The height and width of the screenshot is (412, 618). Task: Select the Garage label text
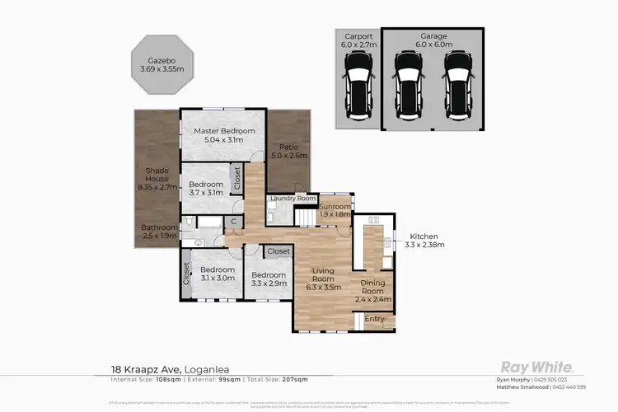pyautogui.click(x=433, y=37)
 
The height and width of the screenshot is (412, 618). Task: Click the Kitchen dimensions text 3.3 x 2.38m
pyautogui.click(x=424, y=245)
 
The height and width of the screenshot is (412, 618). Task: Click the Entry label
pyautogui.click(x=375, y=318)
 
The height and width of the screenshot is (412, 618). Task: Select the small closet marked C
pyautogui.click(x=234, y=222)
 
